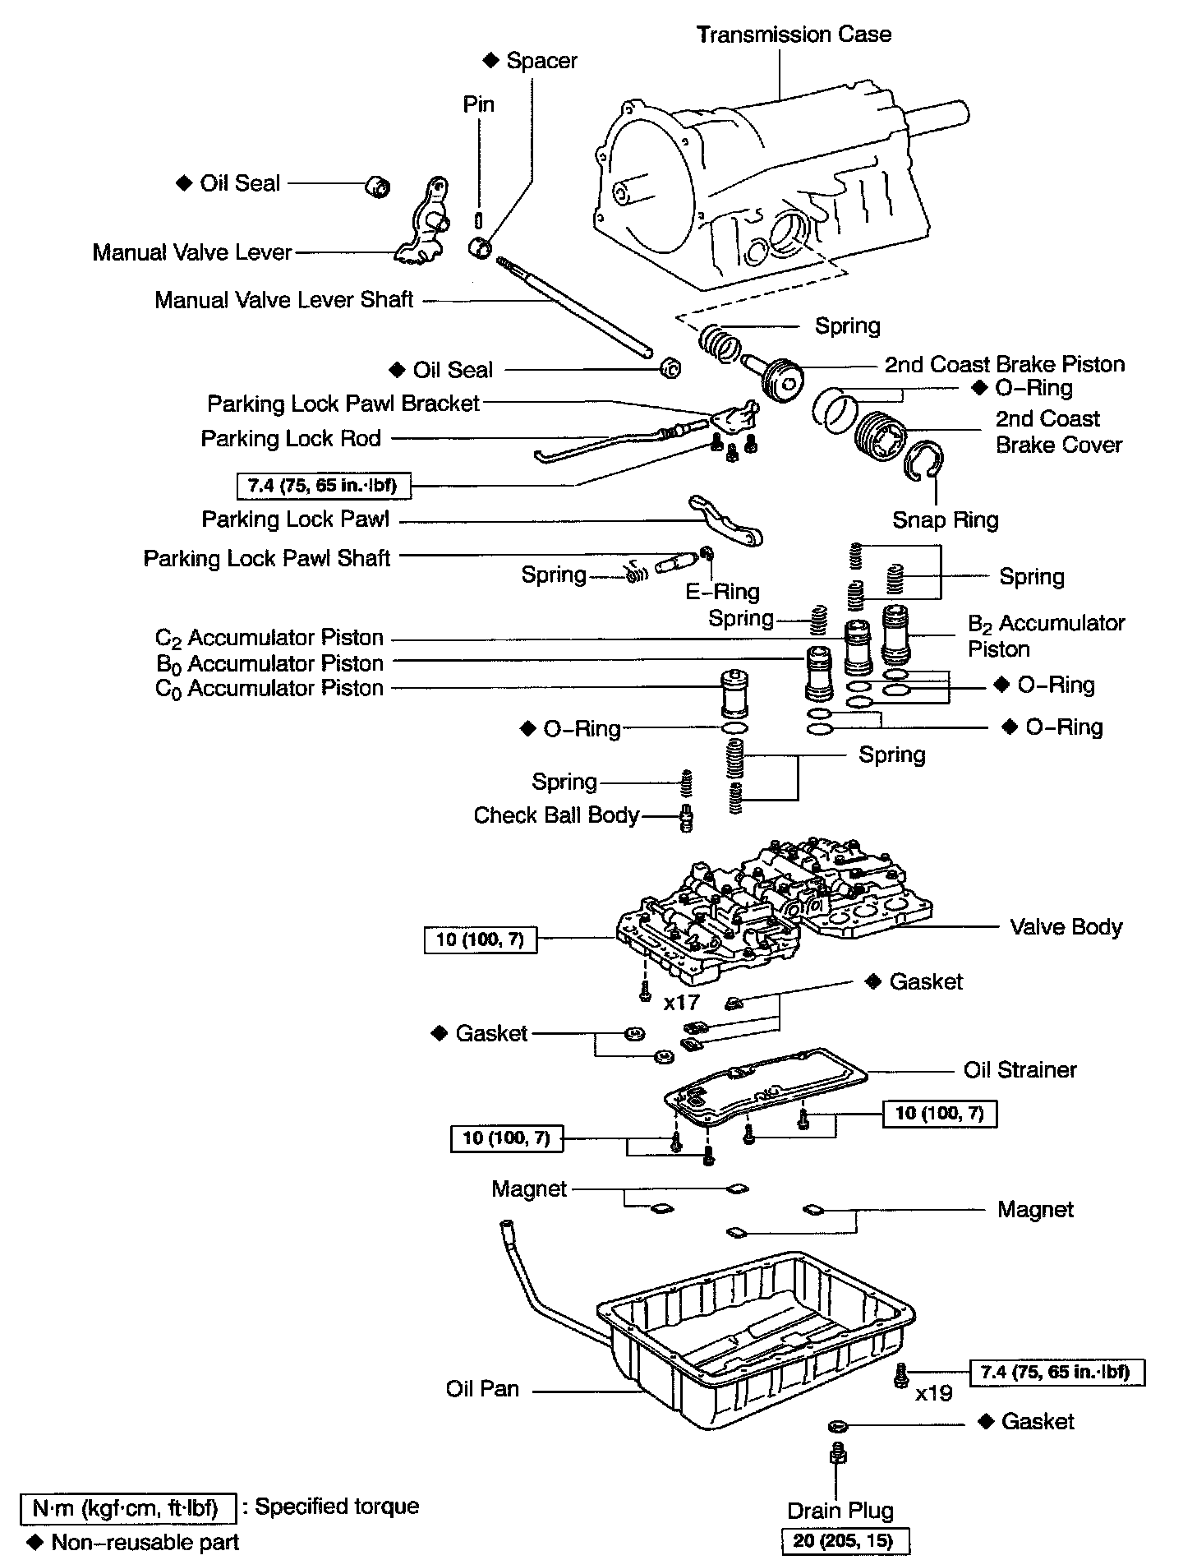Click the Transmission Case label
pos(794,35)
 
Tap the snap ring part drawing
pos(927,461)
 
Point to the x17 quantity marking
pos(681,1002)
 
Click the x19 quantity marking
pos(934,1393)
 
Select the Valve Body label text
pos(1066,927)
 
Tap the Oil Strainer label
pos(1020,1069)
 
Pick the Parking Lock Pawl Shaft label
pos(266,558)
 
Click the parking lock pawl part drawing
pos(726,521)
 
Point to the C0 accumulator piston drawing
pos(734,694)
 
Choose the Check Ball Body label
pos(556,815)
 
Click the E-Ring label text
pos(722,591)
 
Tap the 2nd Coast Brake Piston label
pos(1004,364)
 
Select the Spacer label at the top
pos(541,60)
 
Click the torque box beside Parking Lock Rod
pos(323,486)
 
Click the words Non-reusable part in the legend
pos(145,1542)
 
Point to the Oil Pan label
pos(482,1388)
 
